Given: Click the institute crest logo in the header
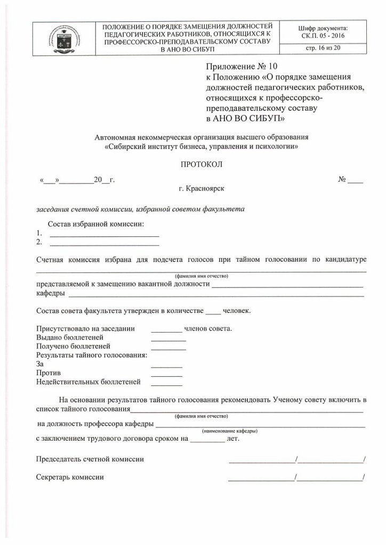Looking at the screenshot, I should point(63,37).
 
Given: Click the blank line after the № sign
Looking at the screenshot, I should point(356,181).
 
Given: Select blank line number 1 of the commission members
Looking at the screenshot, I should point(104,234).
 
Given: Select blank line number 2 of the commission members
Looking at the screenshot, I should point(104,244).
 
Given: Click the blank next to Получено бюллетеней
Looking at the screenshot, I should point(168,348).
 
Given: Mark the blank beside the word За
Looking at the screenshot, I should point(166,366).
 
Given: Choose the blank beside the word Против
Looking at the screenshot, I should point(166,375).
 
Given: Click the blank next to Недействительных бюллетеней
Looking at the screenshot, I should point(166,384).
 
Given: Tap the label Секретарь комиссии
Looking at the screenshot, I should point(70,477).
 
